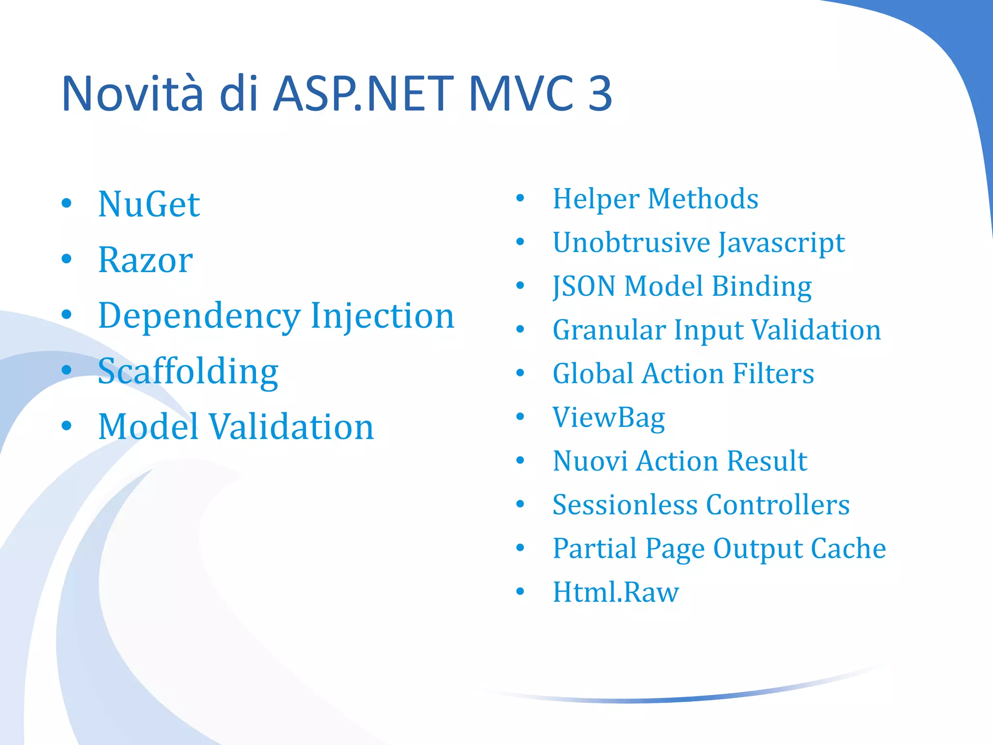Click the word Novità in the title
pos(132,93)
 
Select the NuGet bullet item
pos(149,204)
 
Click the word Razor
pos(145,260)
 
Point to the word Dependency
pos(199,316)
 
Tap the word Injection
pos(382,315)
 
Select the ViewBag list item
pos(609,418)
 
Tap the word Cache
pos(848,549)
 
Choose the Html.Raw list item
pos(615,592)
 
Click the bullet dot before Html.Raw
pos(520,592)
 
